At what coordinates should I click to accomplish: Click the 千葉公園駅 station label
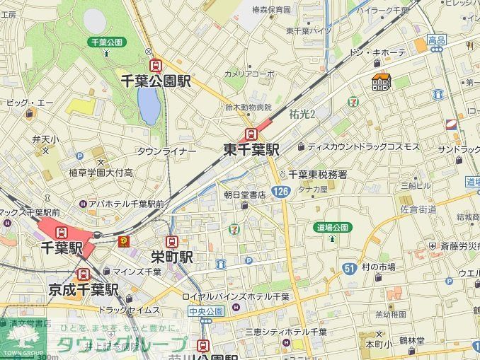pos(156,81)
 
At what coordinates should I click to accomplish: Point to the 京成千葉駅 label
pos(84,289)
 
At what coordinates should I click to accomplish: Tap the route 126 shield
pos(281,192)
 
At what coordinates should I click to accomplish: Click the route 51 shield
pos(348,268)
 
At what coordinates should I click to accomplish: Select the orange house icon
pos(381,83)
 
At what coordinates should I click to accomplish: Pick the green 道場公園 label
pos(332,227)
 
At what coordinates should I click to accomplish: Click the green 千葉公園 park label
pos(105,42)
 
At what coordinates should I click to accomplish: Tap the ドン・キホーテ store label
pos(379,53)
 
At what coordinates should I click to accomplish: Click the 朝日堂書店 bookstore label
pos(244,193)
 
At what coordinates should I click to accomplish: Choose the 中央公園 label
pos(206,310)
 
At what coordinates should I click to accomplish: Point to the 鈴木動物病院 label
pos(248,108)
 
